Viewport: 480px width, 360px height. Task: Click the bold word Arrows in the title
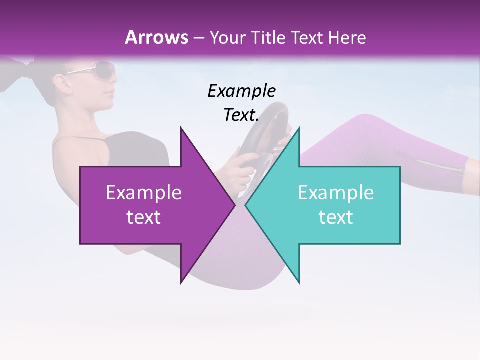click(157, 37)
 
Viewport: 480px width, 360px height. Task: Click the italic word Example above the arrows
click(241, 91)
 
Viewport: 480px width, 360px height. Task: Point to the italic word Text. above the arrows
click(241, 115)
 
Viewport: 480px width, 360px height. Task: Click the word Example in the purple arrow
click(144, 193)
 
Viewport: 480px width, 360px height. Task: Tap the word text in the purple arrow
click(144, 217)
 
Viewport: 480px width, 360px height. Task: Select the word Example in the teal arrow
click(336, 193)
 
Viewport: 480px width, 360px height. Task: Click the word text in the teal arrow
click(336, 217)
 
